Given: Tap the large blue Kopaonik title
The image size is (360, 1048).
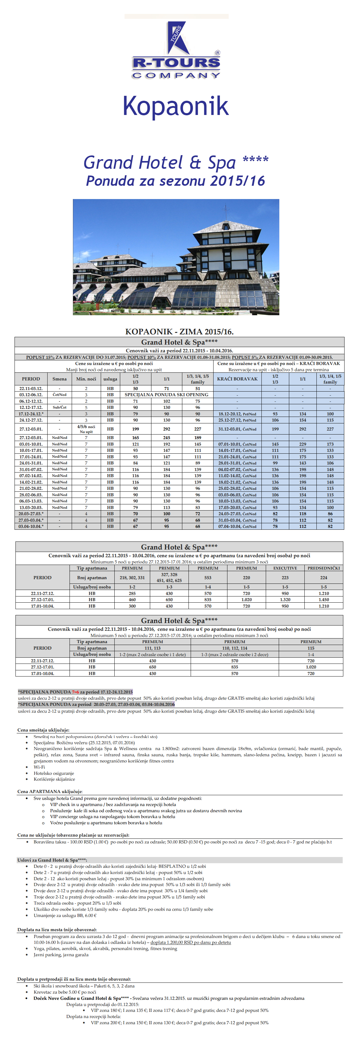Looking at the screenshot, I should click(x=176, y=106).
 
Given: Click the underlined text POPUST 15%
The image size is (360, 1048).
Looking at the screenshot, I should click(x=40, y=357).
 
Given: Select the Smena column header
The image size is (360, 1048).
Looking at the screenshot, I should click(x=59, y=379).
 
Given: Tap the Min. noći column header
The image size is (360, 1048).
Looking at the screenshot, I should click(x=86, y=379).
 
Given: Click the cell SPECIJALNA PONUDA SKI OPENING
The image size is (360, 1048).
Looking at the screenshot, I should click(x=166, y=395).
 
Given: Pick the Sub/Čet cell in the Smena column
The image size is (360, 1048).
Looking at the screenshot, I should click(x=59, y=407).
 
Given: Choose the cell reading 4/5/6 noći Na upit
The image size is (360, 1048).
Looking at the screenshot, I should click(x=86, y=429).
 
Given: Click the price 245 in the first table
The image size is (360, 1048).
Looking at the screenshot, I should click(x=166, y=438).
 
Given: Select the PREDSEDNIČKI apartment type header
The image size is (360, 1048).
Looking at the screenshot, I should click(x=324, y=568).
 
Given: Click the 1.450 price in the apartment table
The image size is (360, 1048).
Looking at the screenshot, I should click(x=324, y=600).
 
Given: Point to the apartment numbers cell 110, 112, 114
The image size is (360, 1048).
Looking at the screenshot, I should click(x=235, y=648).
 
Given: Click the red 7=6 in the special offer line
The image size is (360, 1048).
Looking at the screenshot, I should click(x=76, y=692).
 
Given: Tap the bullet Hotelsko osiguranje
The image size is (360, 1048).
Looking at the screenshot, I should click(x=54, y=773).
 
